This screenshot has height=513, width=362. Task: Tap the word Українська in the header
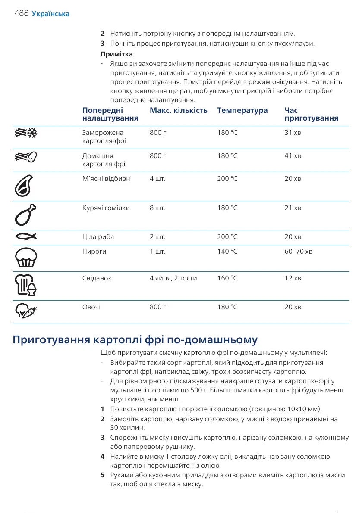tap(50, 14)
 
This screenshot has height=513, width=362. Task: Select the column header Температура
tap(242, 111)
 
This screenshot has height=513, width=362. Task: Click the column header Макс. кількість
tap(178, 111)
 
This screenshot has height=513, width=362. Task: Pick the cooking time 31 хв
tap(293, 133)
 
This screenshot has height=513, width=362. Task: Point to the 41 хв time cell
tap(293, 155)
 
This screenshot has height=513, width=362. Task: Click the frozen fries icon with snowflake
tap(25, 134)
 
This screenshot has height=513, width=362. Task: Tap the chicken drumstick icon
tap(25, 215)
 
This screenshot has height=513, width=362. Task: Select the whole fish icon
tap(25, 236)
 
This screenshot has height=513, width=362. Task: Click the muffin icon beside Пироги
tap(25, 258)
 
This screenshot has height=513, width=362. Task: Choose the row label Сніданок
tap(97, 278)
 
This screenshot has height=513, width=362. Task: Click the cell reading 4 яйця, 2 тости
tap(173, 278)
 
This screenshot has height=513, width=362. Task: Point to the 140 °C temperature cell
tap(227, 251)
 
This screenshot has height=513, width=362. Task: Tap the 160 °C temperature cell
tap(227, 278)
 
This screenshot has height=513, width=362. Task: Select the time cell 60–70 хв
tap(298, 251)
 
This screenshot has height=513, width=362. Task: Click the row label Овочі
tap(91, 307)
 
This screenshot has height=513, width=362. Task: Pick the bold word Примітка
tap(116, 54)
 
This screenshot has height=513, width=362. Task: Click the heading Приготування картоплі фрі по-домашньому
tap(135, 340)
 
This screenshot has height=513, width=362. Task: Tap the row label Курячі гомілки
tap(106, 208)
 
